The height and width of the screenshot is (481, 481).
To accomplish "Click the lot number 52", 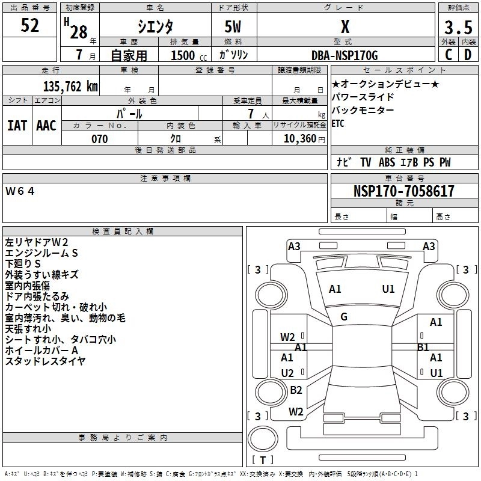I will point(30,26).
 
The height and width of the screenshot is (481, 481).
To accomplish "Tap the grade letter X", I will point(345,26).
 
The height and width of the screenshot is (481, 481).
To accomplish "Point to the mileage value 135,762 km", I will point(70,86).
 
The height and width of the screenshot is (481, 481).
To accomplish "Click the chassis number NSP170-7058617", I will point(403,191).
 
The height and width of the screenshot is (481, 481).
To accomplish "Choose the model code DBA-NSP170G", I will point(345,56).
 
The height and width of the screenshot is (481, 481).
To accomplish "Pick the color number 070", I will point(99,139).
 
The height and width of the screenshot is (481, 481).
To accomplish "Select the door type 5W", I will point(234,27).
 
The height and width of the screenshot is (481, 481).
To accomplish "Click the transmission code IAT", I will point(17,125).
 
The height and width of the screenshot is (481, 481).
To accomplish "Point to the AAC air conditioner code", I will point(46,125).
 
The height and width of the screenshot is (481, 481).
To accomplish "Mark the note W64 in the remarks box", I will point(20,191).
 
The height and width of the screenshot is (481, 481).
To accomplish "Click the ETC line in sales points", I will point(339,124).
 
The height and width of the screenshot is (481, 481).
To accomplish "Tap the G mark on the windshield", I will point(344,317).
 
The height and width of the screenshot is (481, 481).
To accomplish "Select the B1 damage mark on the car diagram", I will point(423,347).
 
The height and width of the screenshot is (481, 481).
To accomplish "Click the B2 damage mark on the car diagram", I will point(296,390).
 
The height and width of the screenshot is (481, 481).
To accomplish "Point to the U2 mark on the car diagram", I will point(287,373).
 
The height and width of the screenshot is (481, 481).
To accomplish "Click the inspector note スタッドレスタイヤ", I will point(45,361).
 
